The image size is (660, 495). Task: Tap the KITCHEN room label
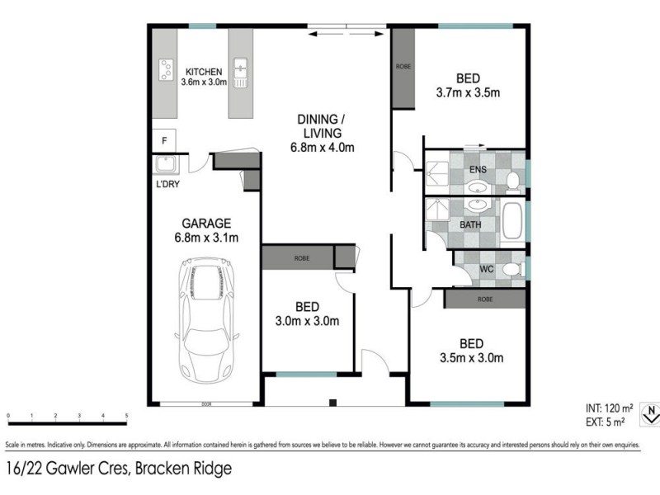[203, 71]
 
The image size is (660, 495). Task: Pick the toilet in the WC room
[511, 269]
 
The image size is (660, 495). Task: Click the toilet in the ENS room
[511, 180]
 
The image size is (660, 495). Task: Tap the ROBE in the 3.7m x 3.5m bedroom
[403, 66]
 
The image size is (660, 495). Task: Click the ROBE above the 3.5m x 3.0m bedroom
[484, 299]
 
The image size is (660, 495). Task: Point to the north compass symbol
[651, 412]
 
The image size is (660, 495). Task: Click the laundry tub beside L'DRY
[163, 164]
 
